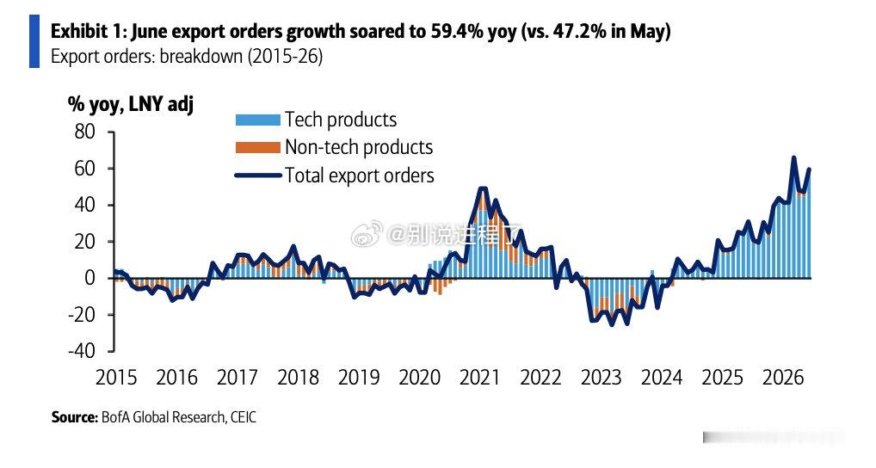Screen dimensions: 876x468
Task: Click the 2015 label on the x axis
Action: point(116,378)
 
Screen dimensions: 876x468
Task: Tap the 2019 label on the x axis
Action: point(359,378)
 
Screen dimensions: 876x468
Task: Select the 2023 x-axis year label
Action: point(601,378)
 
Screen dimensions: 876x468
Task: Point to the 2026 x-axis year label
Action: point(783,378)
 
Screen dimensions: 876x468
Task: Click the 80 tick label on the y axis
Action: point(84,132)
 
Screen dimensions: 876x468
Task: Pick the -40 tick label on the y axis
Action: point(82,351)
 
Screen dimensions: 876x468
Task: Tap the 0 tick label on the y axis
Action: point(90,278)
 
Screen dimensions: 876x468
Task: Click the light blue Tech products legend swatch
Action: point(257,120)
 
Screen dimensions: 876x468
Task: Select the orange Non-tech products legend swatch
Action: point(257,147)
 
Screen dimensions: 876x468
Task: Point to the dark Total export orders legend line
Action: point(257,175)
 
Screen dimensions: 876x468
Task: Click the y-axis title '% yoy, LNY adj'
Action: point(131,104)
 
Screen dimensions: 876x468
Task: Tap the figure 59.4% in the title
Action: point(456,31)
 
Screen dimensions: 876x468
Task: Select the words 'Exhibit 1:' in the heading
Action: point(89,31)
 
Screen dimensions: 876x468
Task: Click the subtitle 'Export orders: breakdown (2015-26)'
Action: point(187,57)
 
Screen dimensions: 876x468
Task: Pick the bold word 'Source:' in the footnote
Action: point(74,417)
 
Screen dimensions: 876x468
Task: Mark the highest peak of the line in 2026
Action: point(794,158)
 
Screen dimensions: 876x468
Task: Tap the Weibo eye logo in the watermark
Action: point(367,234)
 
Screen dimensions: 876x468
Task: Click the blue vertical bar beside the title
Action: point(34,41)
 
